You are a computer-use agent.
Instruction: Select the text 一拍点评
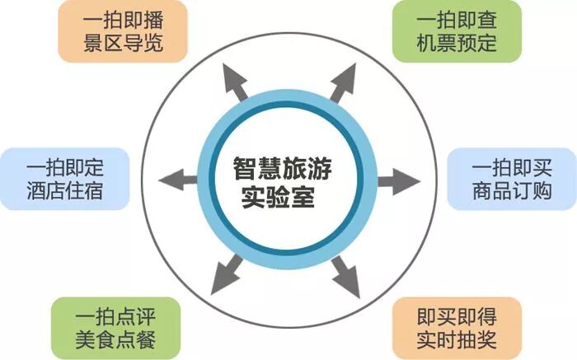115,316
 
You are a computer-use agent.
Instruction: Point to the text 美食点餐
115,339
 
